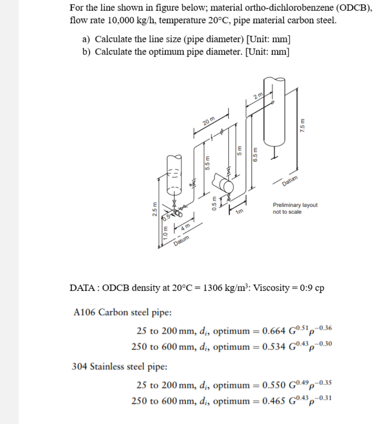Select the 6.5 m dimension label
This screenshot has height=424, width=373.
tap(255, 155)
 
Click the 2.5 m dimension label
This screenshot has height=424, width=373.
tap(154, 212)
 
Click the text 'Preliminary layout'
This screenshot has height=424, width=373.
tap(295, 205)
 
